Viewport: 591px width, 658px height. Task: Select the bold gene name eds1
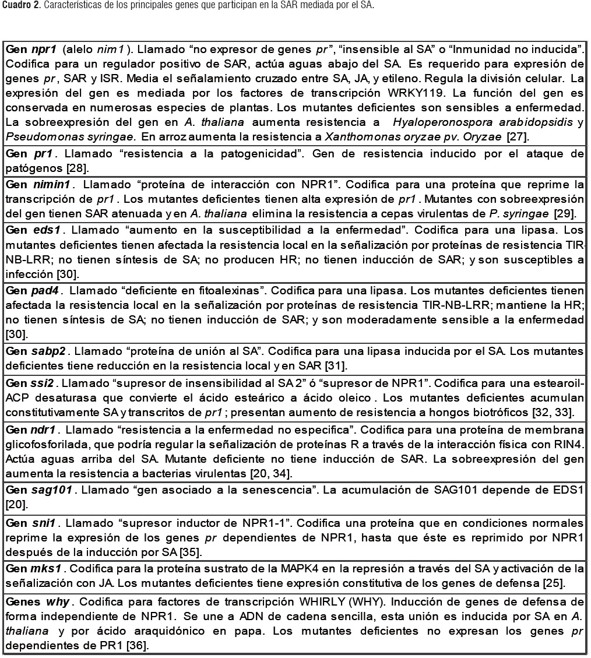click(x=47, y=230)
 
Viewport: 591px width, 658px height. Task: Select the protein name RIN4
click(x=572, y=444)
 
